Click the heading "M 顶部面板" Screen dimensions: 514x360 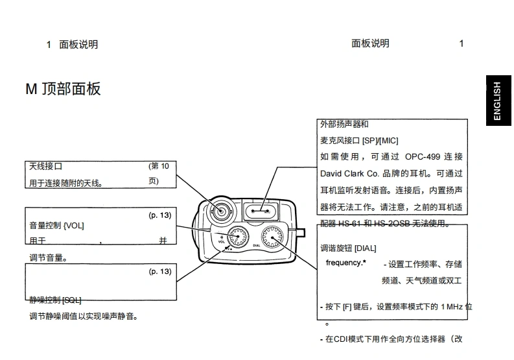tap(64, 90)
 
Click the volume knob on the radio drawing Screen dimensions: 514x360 tap(236, 237)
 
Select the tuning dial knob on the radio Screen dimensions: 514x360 tap(274, 237)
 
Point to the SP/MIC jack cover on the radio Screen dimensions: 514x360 tap(263, 210)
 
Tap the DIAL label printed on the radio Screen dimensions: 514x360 tap(257, 246)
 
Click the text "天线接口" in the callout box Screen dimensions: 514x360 tap(46, 166)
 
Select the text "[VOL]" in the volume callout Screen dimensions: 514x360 tap(74, 225)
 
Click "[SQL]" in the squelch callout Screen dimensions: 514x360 tap(71, 300)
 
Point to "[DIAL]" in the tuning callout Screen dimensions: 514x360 tap(366, 248)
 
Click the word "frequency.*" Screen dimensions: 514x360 tap(345, 263)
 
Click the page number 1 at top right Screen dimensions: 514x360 tap(461, 43)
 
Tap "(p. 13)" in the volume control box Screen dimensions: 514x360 tap(160, 215)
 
